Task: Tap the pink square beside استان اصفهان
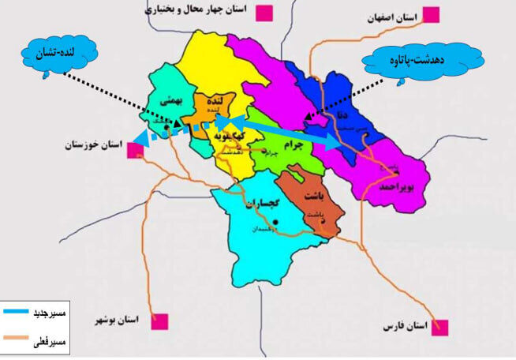coord(432,14)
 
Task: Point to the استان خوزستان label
coord(94,147)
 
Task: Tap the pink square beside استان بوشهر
coord(162,321)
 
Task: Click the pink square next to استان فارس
coord(439,327)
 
